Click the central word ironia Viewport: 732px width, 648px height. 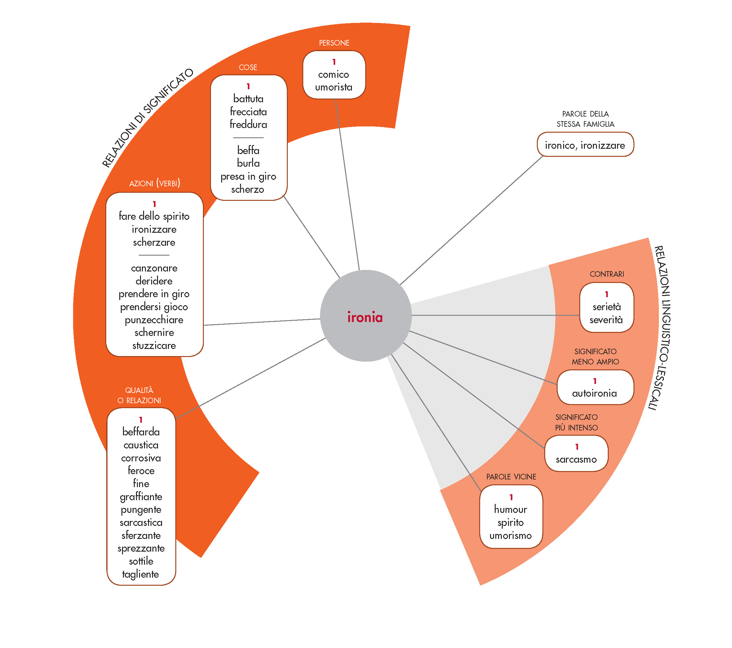point(365,317)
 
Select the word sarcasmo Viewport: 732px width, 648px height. point(576,459)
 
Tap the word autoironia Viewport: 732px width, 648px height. point(594,393)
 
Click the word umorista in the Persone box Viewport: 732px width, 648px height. point(334,87)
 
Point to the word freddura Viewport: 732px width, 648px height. point(248,124)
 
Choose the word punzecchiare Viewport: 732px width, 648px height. point(154,320)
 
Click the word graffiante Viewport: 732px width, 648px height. point(141,496)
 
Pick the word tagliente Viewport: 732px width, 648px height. point(140,574)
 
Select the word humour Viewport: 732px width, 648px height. point(510,509)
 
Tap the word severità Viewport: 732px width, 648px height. point(606,320)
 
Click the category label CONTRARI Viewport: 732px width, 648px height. point(607,274)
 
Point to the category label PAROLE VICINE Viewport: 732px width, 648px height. point(511,476)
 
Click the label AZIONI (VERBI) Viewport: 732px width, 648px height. point(154,183)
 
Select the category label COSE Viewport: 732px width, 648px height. point(248,67)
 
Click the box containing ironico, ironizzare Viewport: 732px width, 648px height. point(585,145)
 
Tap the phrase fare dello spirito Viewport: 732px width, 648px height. point(154,216)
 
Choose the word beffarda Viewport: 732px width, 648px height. point(141,432)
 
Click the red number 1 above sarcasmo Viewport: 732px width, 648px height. point(576,447)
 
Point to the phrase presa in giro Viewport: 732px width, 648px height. point(248,176)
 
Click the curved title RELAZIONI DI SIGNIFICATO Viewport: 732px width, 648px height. point(147,118)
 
